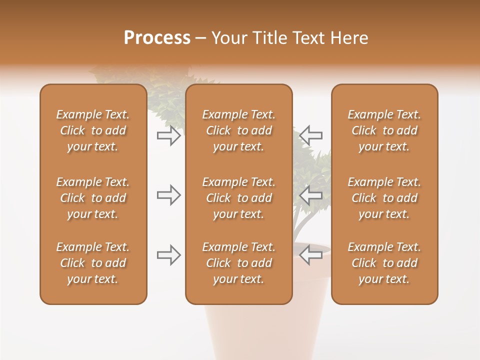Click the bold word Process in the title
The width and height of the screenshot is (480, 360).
[157, 38]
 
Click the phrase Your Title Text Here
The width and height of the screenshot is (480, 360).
[290, 38]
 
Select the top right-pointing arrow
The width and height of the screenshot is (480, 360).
[168, 135]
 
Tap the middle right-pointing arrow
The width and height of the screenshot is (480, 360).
[168, 195]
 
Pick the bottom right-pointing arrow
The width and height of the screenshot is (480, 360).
[168, 255]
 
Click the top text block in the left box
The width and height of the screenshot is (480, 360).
[93, 130]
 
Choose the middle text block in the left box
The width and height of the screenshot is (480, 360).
[93, 198]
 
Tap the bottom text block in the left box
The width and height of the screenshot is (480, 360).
[93, 263]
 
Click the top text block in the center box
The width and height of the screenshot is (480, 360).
[238, 130]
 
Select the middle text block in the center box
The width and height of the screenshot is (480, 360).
[238, 198]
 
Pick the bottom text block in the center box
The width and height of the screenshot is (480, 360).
[238, 263]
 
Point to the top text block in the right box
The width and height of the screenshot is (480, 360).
[384, 130]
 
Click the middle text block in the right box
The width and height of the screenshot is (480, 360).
[384, 198]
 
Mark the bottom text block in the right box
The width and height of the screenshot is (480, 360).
[384, 263]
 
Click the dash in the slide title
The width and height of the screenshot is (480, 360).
[200, 38]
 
